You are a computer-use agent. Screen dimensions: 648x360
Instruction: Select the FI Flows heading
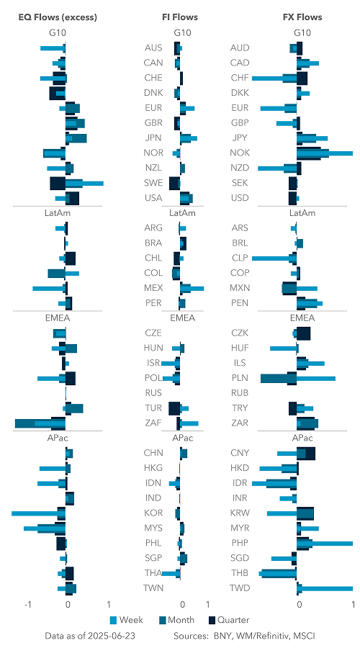pos(180,17)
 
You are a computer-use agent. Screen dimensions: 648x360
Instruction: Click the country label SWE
pos(153,183)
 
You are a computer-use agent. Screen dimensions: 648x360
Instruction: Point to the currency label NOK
pos(240,153)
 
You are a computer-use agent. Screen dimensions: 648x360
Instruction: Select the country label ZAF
pos(153,423)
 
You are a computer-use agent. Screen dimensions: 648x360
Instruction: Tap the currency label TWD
pos(240,588)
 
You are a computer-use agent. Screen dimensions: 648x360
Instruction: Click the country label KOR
pos(153,513)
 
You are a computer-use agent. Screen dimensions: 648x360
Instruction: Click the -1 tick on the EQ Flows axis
pos(27,605)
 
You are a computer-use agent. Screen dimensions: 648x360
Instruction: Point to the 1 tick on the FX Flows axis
pos(352,605)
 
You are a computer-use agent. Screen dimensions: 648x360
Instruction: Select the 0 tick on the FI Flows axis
pos(182,605)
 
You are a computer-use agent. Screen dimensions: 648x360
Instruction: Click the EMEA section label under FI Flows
pos(180,318)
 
